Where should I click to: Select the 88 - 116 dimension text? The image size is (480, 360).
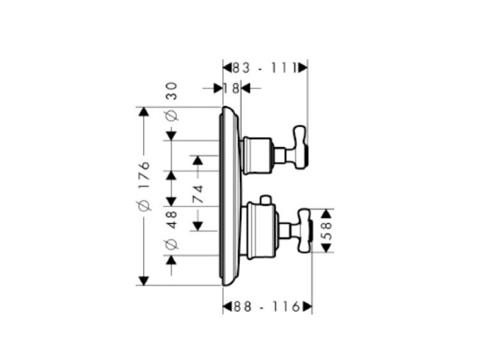point(266,306)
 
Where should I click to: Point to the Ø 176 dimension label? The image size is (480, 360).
point(144,187)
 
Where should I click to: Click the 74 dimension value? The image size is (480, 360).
point(198,194)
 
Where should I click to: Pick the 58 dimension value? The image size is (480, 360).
point(327,231)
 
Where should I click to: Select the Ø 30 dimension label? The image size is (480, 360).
point(172,101)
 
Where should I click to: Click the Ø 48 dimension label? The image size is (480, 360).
point(172,230)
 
